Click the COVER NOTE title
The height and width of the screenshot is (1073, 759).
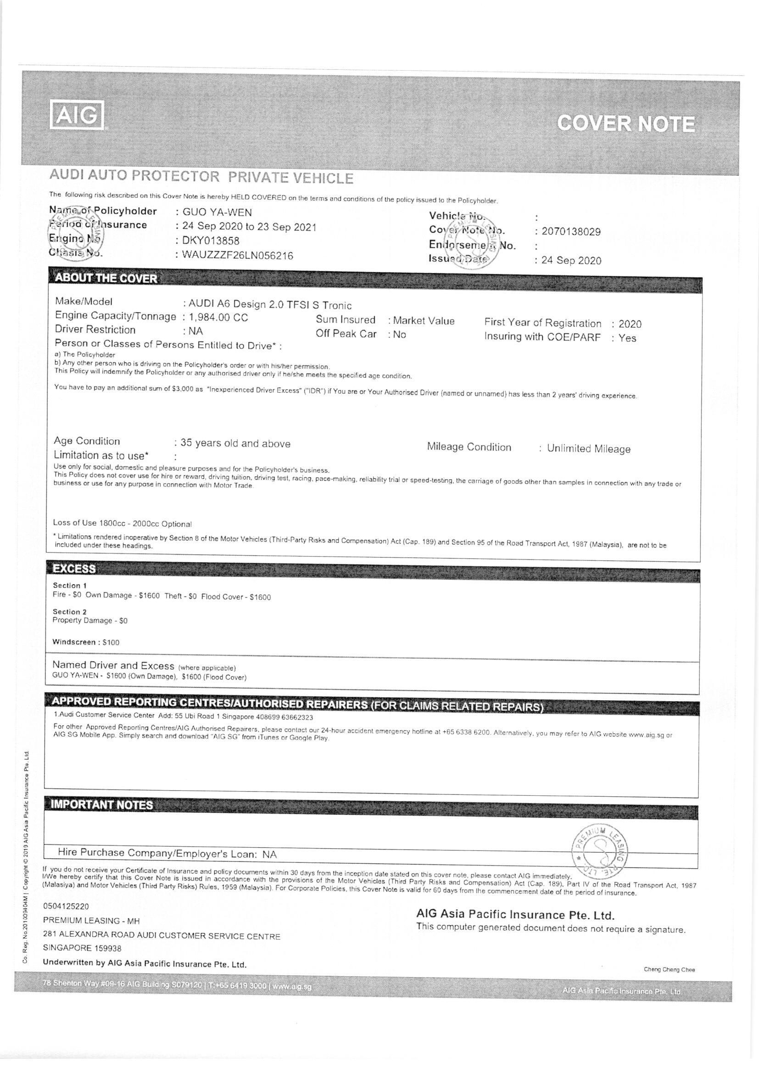(x=626, y=124)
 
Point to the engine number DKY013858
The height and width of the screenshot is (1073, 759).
(x=211, y=241)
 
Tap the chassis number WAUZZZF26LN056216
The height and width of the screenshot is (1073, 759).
(x=237, y=256)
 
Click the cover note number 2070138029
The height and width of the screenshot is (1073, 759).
(x=571, y=232)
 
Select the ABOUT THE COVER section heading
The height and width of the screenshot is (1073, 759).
(x=106, y=279)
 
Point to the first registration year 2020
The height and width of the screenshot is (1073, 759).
(x=630, y=324)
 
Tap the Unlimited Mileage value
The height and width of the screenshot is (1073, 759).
(x=588, y=449)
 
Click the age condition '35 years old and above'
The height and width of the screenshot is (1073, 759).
(x=235, y=443)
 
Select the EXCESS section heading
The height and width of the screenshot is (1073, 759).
(x=74, y=569)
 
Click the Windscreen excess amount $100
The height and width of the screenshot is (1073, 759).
(x=111, y=643)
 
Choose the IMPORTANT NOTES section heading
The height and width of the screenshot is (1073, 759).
(x=102, y=805)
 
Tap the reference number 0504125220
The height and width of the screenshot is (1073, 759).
(x=66, y=906)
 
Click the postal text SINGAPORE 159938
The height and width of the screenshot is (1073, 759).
(x=82, y=948)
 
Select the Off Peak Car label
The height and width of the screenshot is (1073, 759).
(x=346, y=334)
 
